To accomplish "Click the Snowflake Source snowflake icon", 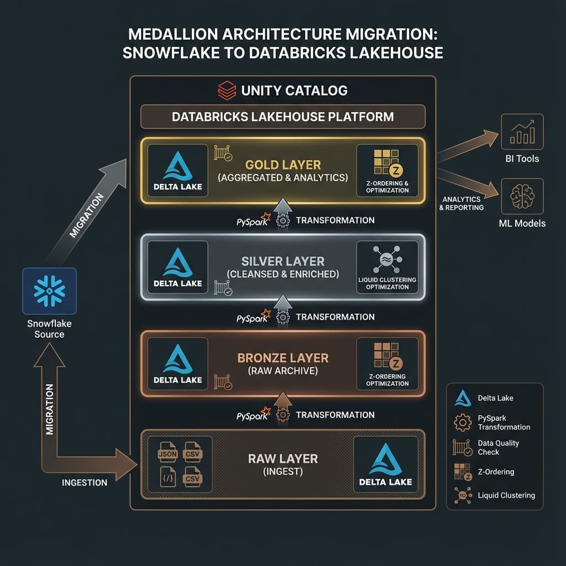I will point(49,291).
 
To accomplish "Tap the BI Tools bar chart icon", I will point(522,133).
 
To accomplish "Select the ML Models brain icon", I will point(522,197).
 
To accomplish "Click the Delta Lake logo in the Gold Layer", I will point(177,166).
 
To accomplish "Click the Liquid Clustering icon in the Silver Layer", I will point(387,260).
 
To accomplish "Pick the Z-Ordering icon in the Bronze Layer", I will point(387,357).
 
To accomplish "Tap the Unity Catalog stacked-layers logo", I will point(227,90).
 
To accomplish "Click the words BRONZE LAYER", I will point(282,358).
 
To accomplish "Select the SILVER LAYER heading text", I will point(282,261).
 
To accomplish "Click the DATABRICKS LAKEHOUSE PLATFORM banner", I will point(282,117).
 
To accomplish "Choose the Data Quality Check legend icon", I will point(462,447).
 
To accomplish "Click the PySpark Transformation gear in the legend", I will point(462,423).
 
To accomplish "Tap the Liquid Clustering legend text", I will point(506,495).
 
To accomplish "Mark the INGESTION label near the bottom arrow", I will point(84,483).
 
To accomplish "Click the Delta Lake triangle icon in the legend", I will point(462,398).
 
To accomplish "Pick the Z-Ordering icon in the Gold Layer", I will point(387,164).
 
